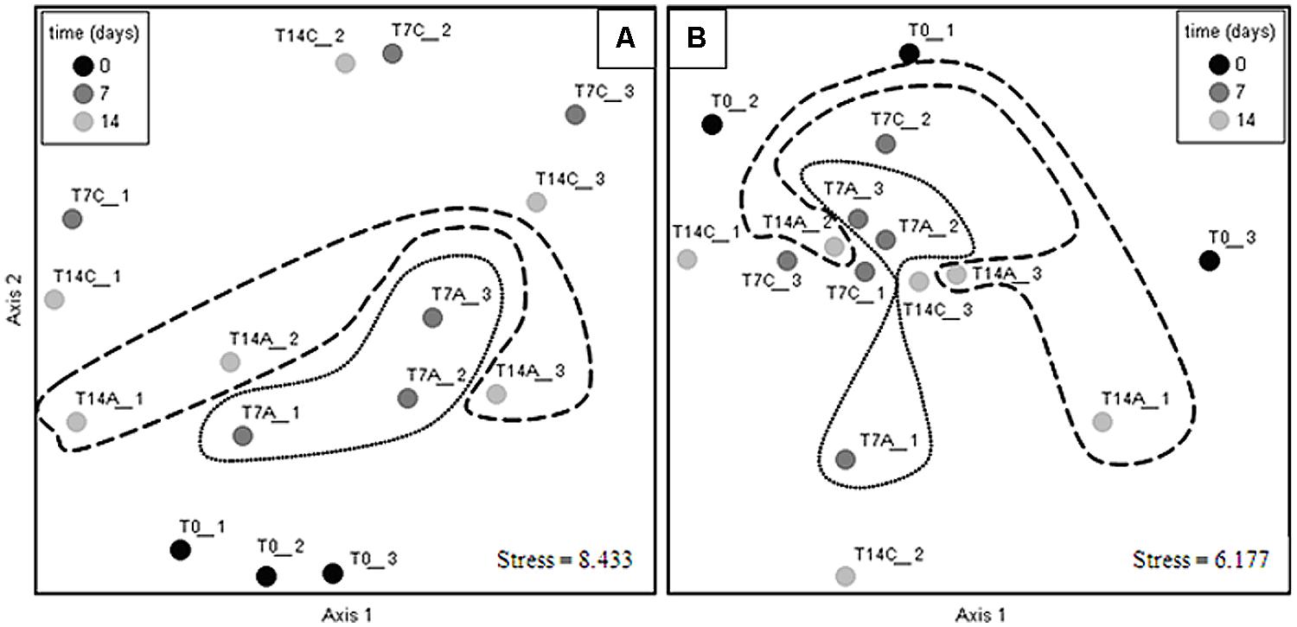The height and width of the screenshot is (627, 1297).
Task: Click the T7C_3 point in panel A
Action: (x=575, y=115)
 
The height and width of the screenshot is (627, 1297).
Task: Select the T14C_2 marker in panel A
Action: (x=344, y=63)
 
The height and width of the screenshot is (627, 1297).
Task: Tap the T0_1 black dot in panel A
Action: (x=180, y=549)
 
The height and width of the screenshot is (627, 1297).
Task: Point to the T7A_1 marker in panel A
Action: (x=243, y=435)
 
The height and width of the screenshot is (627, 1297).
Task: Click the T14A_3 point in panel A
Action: (x=495, y=393)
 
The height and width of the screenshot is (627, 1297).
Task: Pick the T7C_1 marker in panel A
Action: (x=73, y=219)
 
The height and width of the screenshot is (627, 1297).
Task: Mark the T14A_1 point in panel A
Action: (x=76, y=422)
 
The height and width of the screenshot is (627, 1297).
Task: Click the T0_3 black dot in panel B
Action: (x=1209, y=259)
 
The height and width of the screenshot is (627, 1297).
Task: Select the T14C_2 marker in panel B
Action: (x=846, y=576)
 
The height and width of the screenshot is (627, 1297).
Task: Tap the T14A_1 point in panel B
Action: (x=1102, y=422)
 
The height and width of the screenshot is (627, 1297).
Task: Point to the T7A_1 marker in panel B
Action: (x=846, y=458)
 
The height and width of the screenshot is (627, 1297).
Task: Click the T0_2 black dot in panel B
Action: (x=712, y=125)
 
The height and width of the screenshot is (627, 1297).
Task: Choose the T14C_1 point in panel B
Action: (x=687, y=259)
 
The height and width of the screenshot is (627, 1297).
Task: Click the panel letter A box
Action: (x=626, y=38)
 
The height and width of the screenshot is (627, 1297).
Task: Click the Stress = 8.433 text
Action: (x=565, y=559)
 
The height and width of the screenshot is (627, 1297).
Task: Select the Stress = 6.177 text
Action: (x=1201, y=559)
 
